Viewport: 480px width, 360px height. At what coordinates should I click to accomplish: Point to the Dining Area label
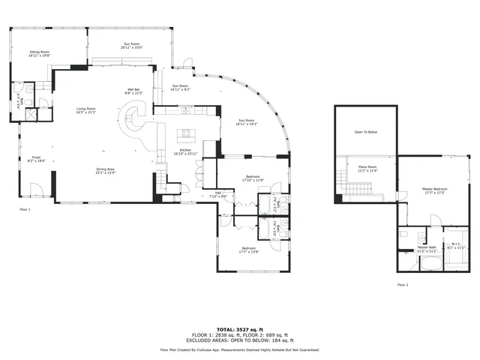[104, 171]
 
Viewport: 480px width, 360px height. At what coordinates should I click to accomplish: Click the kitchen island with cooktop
[185, 135]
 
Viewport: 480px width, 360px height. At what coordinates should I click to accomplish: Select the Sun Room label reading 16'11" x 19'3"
[247, 122]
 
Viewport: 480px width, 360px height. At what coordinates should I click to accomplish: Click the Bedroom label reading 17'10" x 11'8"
[251, 178]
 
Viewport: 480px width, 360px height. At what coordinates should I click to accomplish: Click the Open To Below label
[365, 132]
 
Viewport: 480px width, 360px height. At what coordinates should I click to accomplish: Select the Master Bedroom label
[435, 190]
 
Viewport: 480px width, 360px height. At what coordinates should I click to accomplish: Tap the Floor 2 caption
[403, 285]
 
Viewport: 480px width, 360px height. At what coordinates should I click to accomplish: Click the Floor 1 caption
[25, 209]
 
